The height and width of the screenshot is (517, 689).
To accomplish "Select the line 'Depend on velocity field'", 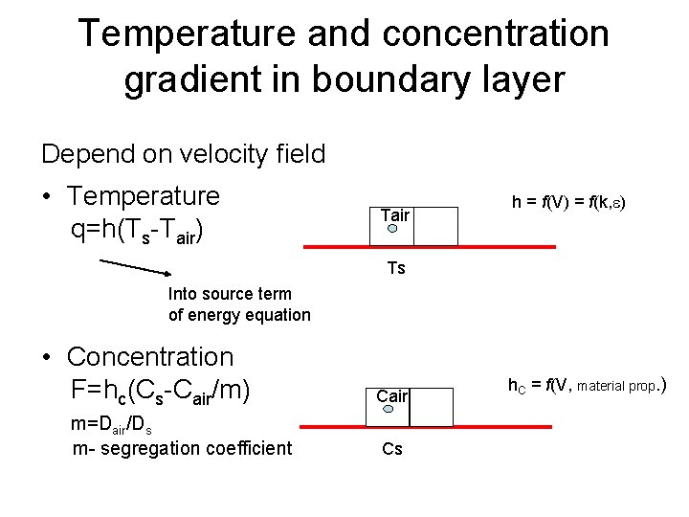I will click(x=183, y=153).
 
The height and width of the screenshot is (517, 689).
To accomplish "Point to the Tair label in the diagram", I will click(x=394, y=214).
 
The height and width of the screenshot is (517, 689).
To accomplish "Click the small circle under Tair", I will click(x=391, y=229).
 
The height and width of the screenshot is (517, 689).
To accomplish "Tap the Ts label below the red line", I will click(x=396, y=268).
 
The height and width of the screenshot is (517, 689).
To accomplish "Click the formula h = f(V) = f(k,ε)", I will click(x=568, y=202).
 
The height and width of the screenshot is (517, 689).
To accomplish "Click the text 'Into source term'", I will click(x=228, y=294).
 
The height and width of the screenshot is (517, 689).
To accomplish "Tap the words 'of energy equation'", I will click(x=239, y=314).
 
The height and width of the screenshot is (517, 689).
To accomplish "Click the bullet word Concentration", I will click(x=150, y=357).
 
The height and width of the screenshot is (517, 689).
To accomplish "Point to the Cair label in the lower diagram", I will click(x=392, y=395).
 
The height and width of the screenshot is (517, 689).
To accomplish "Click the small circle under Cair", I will click(x=389, y=409).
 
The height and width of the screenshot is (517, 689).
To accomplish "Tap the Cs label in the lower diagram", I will click(x=392, y=448).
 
